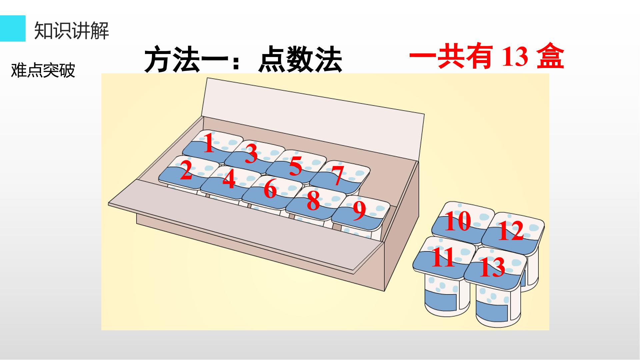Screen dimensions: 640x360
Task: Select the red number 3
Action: pos(251,153)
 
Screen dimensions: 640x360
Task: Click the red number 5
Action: pos(295,166)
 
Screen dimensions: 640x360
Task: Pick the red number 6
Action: pos(270,189)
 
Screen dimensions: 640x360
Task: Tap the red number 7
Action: pos(338,175)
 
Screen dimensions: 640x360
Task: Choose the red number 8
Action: pos(313,201)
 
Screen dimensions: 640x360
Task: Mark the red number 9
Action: pos(359,211)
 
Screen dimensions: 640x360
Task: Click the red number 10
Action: pos(458,221)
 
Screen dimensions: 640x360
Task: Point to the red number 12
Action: pos(511,231)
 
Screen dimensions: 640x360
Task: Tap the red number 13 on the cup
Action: pos(492,267)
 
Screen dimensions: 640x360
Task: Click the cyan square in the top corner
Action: pos(13,28)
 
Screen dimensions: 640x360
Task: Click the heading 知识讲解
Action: pos(72,31)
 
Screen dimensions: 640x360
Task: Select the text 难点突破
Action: pos(43,70)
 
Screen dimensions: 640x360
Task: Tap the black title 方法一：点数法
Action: pos(243,60)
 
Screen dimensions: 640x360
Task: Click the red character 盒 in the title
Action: pos(550,57)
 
